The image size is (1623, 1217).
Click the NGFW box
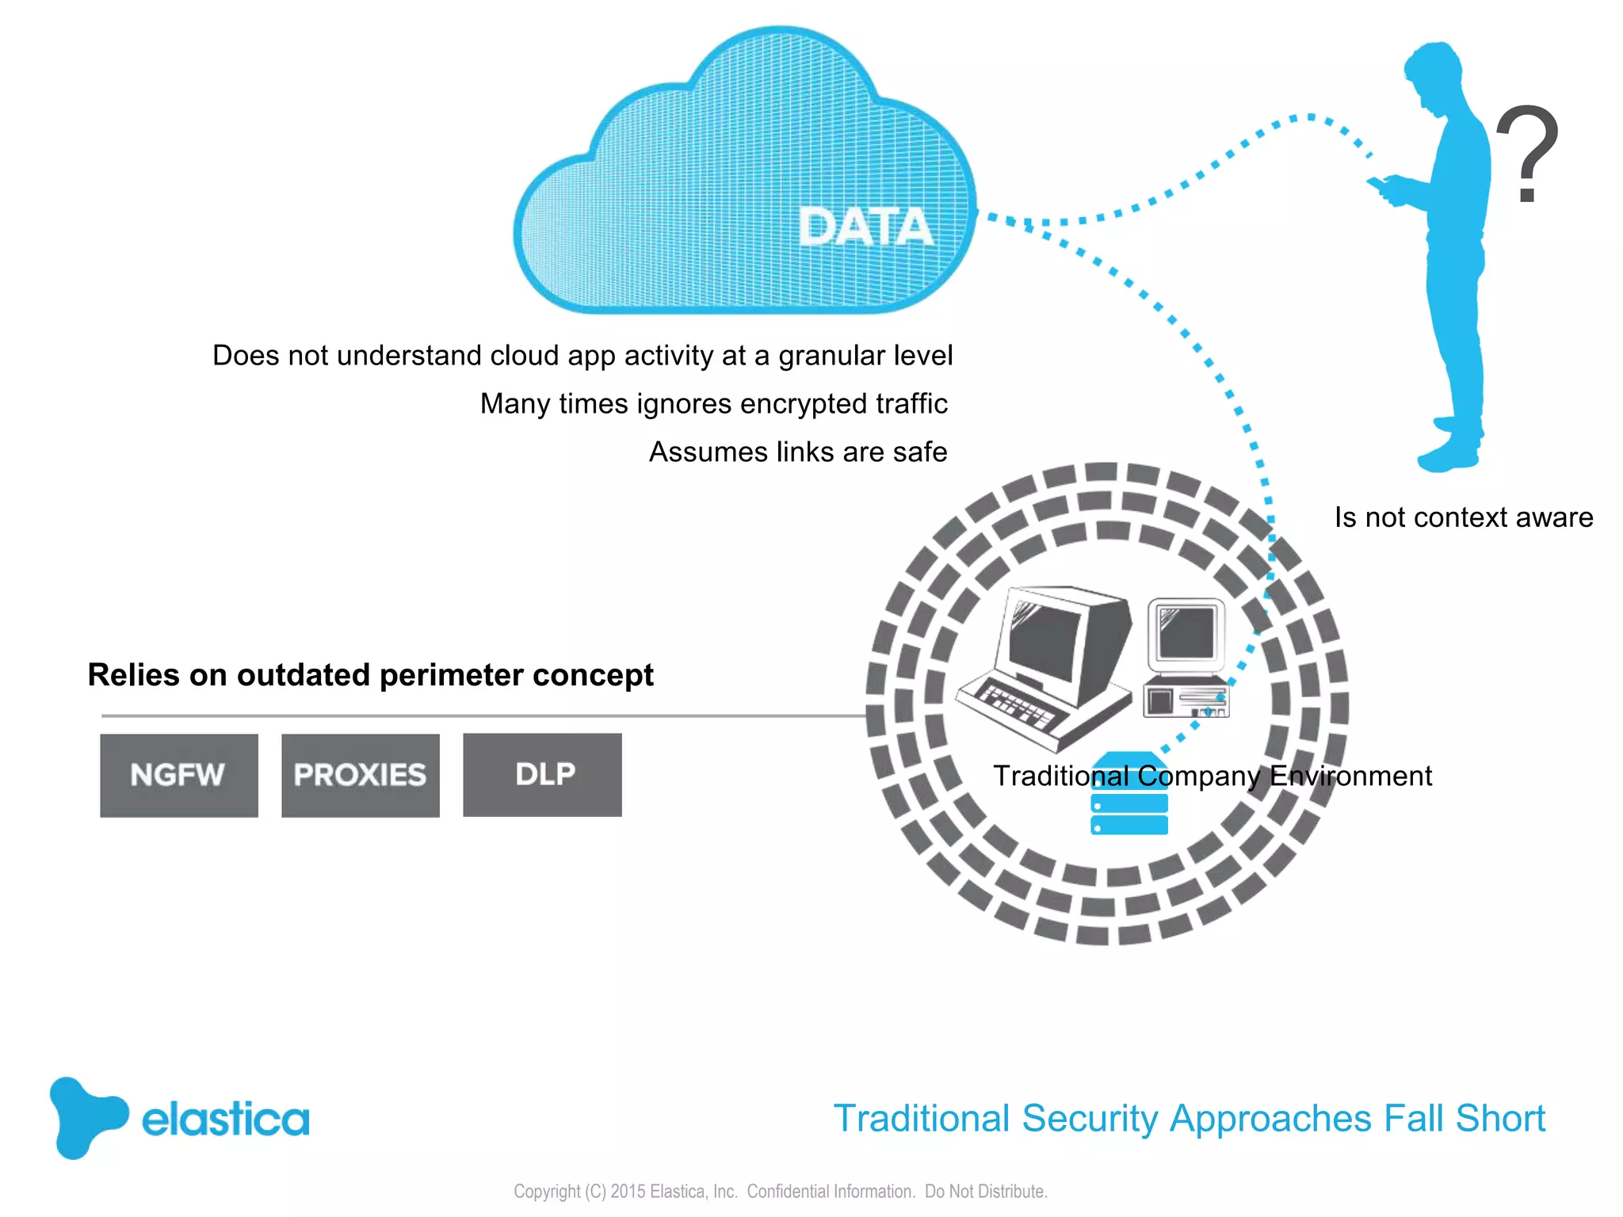178,775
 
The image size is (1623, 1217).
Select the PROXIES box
360,775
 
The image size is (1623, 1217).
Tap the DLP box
542,774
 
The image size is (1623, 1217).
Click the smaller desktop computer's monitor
1186,632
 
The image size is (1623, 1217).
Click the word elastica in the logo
225,1119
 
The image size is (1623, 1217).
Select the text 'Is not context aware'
1463,517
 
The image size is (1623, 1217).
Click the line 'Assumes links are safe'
797,452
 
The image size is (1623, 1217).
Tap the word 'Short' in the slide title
1499,1119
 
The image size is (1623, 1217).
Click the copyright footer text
780,1191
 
